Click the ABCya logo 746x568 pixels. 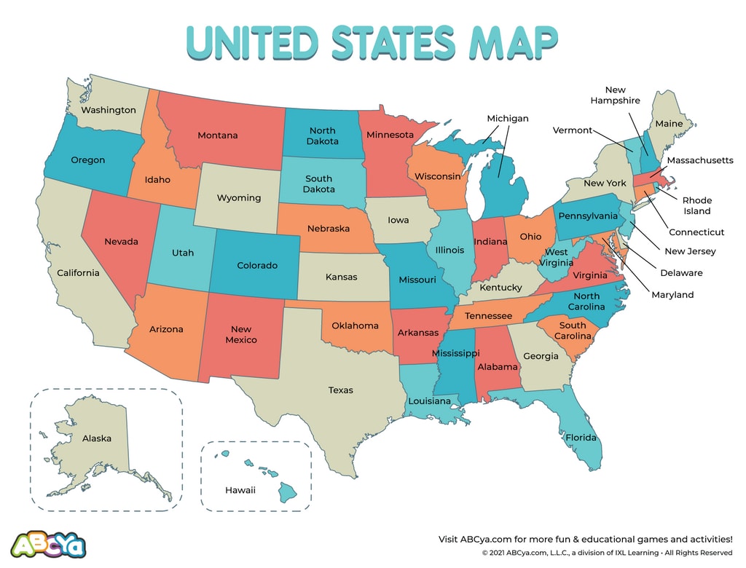pos(49,543)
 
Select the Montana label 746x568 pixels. pos(217,135)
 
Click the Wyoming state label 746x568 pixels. pos(238,198)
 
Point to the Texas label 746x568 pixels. pos(340,390)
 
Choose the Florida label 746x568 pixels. pos(581,438)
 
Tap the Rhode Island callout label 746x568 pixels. pos(696,205)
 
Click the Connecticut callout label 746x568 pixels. pos(696,232)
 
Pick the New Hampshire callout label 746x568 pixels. pos(615,95)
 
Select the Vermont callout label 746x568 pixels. pos(572,130)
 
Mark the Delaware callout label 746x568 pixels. pos(681,273)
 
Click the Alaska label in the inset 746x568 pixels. pos(96,438)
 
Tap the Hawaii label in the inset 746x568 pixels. pos(240,490)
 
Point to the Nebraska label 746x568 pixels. pos(328,229)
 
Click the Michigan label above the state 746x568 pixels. pos(507,118)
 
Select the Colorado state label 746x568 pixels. pos(257,266)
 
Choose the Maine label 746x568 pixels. pos(669,124)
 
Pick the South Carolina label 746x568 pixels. pos(573,331)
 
